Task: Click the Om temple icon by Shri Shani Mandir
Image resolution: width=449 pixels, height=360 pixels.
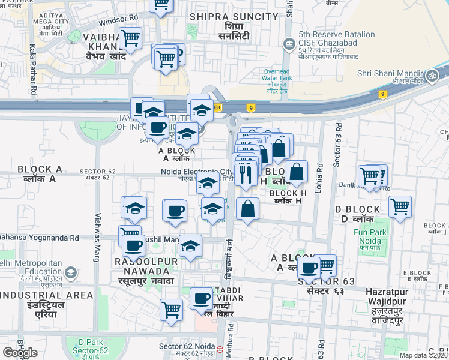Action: [x=430, y=76]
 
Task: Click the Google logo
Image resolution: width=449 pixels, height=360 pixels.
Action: [x=20, y=352]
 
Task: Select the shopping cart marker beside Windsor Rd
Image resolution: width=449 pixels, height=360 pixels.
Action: [x=130, y=38]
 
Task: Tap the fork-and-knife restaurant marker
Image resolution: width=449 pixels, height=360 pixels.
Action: [x=245, y=173]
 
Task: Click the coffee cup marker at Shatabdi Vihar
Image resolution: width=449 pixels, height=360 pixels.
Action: [x=201, y=298]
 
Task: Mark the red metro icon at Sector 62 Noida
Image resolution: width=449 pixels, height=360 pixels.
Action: [x=220, y=349]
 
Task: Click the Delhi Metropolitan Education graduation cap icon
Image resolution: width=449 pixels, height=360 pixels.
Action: [x=71, y=273]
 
